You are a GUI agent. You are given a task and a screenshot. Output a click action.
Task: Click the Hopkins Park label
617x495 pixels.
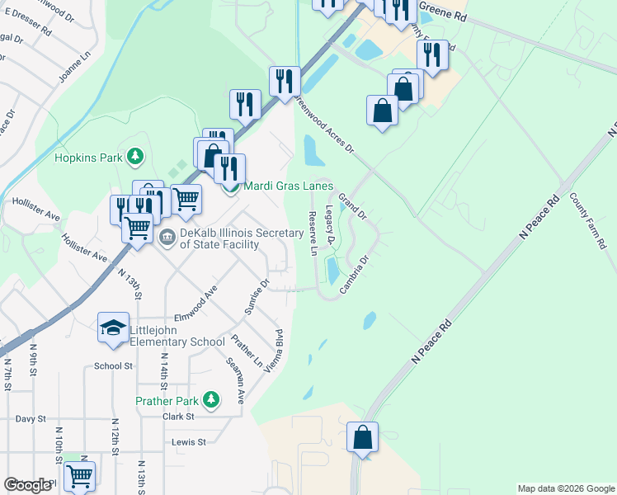tap(88, 157)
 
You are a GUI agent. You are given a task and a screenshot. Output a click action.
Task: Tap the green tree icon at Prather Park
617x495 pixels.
tap(212, 401)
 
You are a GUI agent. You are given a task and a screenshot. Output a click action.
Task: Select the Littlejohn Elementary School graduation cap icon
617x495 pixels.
tap(113, 328)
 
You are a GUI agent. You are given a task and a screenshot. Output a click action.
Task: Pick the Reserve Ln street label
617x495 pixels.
tap(313, 233)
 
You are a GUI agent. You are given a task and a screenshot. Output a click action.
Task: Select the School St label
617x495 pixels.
tap(113, 366)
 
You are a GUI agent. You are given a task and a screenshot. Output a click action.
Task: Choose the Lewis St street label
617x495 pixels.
tap(188, 442)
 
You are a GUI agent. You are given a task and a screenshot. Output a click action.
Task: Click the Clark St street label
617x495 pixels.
tap(177, 417)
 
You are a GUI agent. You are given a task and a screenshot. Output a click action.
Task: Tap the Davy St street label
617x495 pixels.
tap(31, 419)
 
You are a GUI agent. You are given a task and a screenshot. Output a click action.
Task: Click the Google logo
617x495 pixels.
tap(27, 485)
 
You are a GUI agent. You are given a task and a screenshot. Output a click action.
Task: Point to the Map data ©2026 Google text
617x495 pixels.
tap(566, 488)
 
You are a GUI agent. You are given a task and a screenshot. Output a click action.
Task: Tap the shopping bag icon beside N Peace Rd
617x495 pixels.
tap(363, 438)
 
